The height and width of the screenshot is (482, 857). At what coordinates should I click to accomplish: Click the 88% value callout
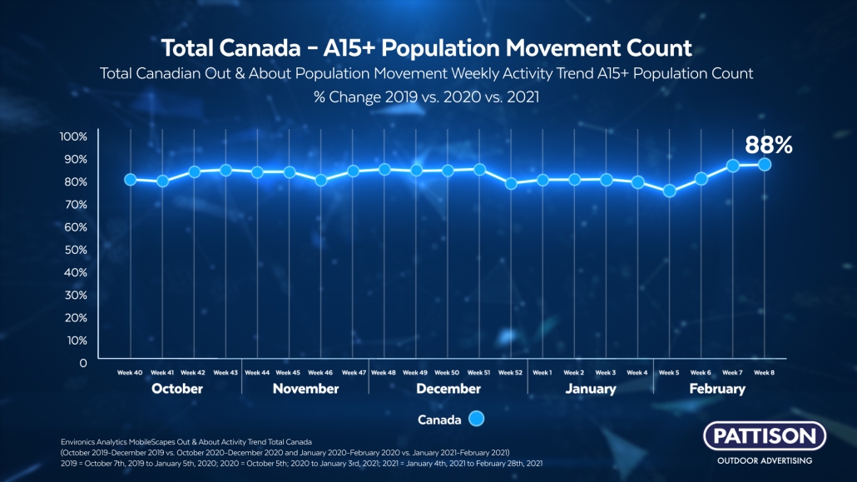(x=769, y=146)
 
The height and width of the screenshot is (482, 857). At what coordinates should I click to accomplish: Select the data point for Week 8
(x=765, y=165)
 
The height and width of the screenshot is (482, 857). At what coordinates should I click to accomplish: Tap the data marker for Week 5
(x=670, y=191)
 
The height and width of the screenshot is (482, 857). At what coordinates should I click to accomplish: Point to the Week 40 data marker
(x=131, y=180)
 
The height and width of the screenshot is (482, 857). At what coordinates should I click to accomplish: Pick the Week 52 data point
(x=512, y=183)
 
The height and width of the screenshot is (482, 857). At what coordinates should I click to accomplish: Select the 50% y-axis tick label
(x=76, y=250)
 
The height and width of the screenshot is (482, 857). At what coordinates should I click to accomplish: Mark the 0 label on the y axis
(x=82, y=363)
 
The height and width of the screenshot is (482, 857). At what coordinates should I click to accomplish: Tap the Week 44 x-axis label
(x=257, y=373)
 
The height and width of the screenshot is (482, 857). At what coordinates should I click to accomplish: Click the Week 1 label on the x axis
(x=542, y=373)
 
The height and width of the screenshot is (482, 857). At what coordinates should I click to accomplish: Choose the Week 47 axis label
(x=353, y=373)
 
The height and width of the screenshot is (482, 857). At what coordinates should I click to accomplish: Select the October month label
(x=177, y=389)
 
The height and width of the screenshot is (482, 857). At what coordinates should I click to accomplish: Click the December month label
(x=448, y=389)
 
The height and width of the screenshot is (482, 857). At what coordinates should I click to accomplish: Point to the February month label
(x=717, y=389)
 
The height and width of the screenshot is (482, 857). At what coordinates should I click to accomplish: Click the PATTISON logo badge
(x=765, y=436)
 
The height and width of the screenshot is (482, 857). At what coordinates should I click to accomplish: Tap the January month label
(x=590, y=389)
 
